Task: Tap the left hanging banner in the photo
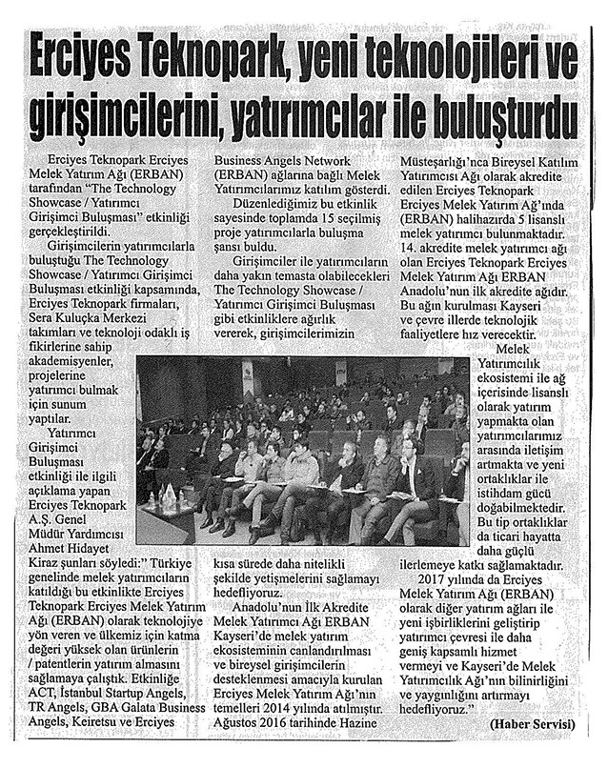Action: [247, 376]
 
